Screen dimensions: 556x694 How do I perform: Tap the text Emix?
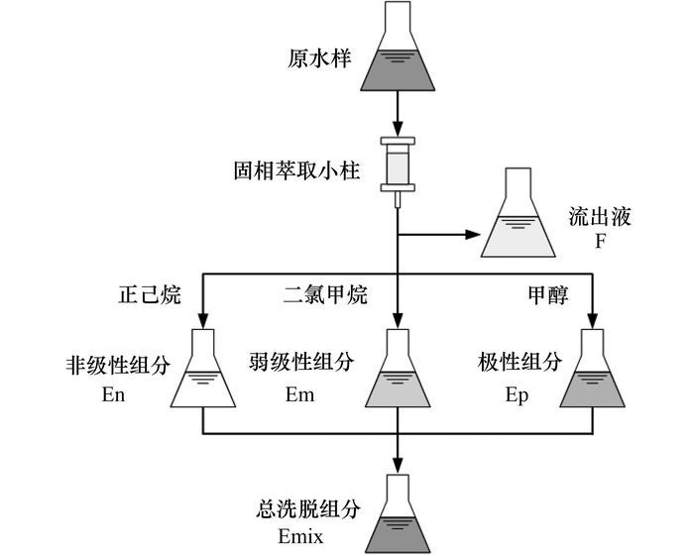(301, 536)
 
